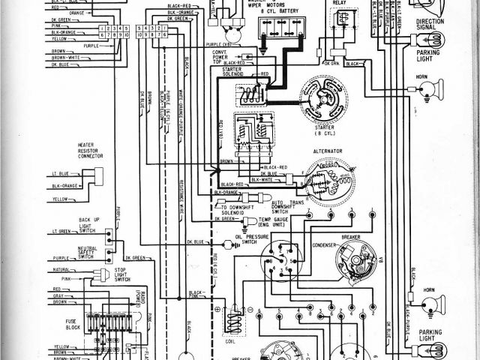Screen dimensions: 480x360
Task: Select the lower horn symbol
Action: [x=429, y=301]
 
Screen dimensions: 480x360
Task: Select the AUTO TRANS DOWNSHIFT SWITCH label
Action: [x=289, y=205]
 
